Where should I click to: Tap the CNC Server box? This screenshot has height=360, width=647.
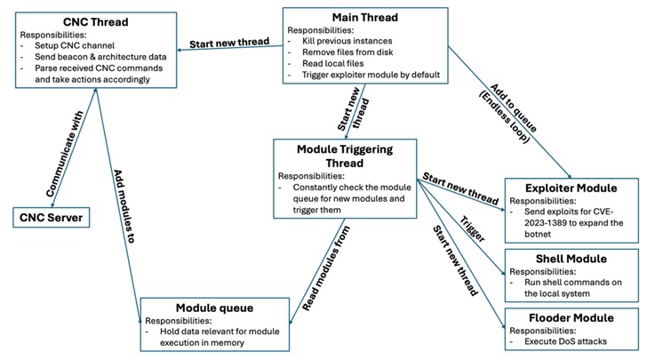[52, 216]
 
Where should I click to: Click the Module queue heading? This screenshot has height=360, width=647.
[215, 307]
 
